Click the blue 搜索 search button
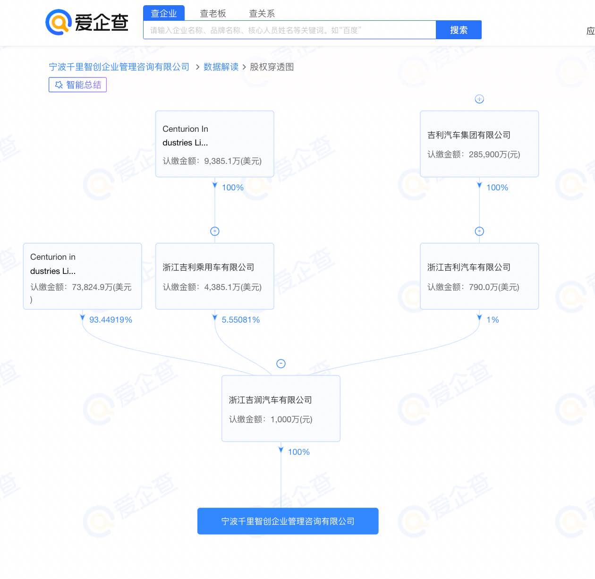(x=459, y=30)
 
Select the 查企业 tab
(x=163, y=13)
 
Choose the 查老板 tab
(x=213, y=13)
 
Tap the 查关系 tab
(x=262, y=13)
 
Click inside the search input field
(x=289, y=30)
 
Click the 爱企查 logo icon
(x=59, y=22)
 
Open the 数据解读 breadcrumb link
(x=221, y=67)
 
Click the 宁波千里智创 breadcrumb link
(x=119, y=67)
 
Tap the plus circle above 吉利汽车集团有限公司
(x=479, y=99)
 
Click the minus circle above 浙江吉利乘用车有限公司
(x=215, y=231)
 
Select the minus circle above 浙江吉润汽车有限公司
(x=280, y=363)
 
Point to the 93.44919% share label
(x=110, y=320)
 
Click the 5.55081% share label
(x=241, y=320)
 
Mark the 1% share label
(x=493, y=320)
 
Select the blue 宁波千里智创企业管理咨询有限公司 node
(x=288, y=521)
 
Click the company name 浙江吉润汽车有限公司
(x=270, y=400)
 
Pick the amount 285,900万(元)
(x=494, y=154)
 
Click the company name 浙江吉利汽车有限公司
(x=469, y=267)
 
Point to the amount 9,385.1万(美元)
(x=233, y=161)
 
